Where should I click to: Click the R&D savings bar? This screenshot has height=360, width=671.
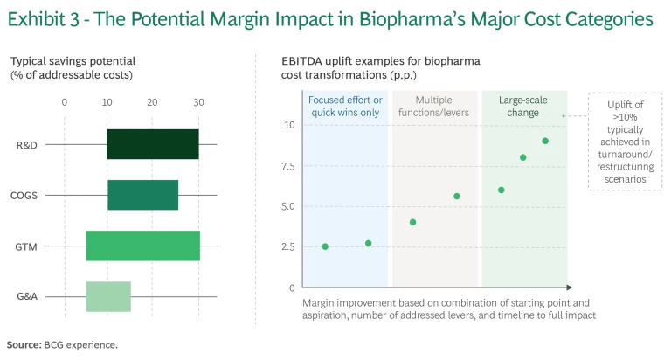click(153, 144)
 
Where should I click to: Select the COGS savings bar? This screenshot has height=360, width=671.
click(142, 195)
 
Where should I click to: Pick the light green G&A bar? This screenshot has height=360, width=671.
click(108, 296)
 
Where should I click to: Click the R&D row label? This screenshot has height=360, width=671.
click(26, 144)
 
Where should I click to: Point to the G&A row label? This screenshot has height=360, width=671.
click(26, 296)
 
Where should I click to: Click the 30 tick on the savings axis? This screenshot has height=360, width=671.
click(198, 102)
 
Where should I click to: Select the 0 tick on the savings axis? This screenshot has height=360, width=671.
click(65, 102)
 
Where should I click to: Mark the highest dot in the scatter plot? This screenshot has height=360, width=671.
click(545, 141)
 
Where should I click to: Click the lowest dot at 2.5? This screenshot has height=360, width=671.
click(325, 246)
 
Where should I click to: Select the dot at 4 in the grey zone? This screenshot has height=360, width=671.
click(412, 222)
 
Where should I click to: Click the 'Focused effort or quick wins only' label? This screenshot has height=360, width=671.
click(345, 106)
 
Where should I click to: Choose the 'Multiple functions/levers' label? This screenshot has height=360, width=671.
click(434, 106)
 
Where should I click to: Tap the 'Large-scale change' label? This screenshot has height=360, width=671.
click(523, 106)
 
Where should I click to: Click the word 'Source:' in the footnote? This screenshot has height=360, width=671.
click(23, 344)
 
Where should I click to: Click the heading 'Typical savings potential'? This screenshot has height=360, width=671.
click(73, 61)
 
